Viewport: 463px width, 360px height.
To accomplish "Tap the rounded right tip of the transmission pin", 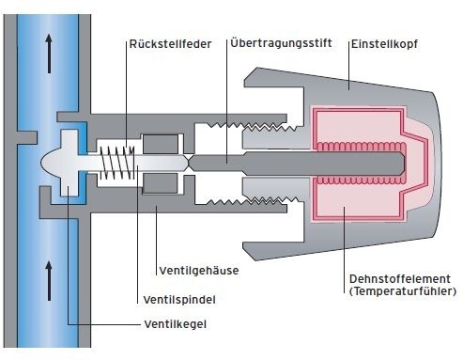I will point(401,162).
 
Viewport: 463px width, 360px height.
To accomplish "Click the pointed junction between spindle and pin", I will point(190,162).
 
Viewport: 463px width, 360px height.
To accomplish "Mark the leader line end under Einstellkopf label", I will point(348,86).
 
